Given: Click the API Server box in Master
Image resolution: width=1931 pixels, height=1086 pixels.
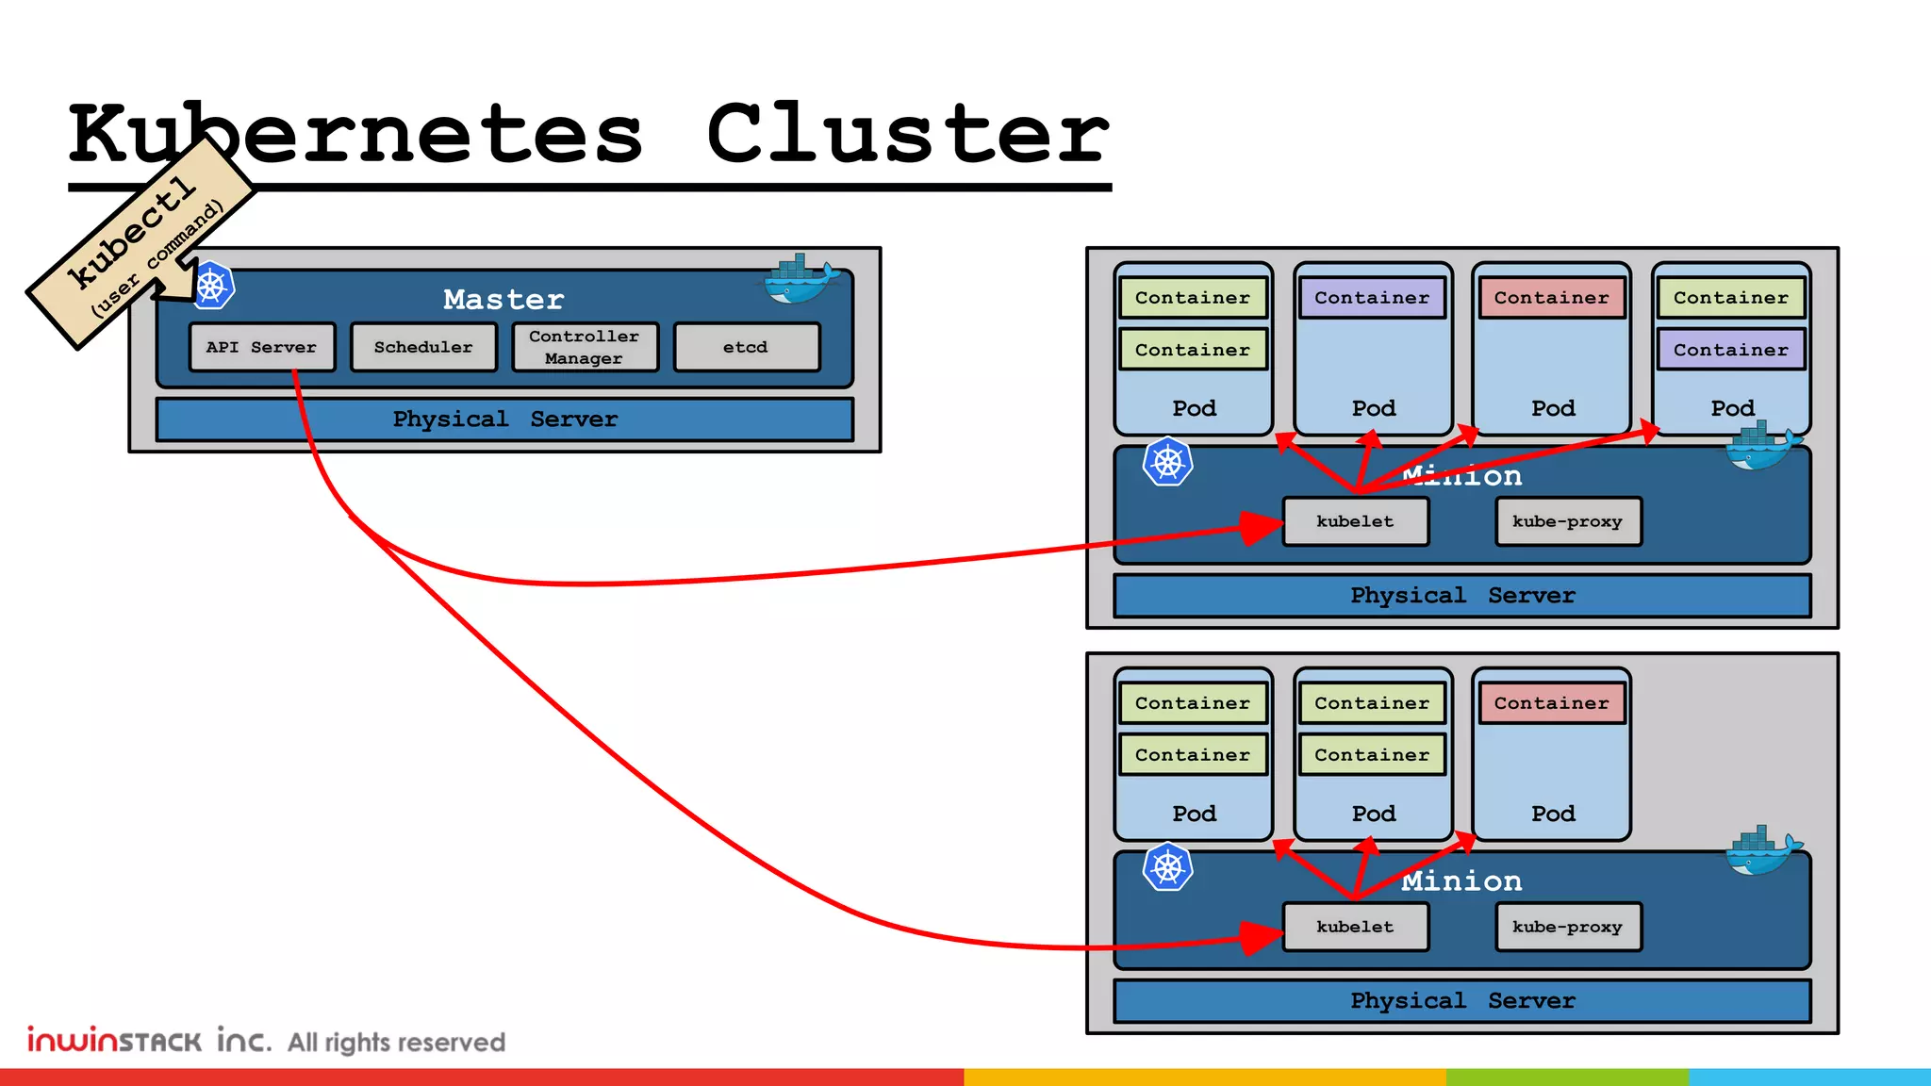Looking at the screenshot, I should [262, 347].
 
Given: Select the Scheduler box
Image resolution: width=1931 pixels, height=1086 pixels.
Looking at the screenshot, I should [423, 347].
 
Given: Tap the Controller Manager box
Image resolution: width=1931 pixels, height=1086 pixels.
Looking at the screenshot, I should [585, 347].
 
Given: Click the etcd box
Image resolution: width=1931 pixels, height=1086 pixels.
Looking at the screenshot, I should [746, 347].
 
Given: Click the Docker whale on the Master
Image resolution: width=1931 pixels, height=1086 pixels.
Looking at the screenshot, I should [800, 280].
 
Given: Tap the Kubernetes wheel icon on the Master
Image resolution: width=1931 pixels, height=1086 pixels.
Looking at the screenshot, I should [212, 286].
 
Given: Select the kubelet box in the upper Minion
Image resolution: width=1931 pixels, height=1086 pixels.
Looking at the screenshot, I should [1355, 521].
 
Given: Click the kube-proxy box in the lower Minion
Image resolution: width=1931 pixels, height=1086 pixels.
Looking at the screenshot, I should [1567, 927].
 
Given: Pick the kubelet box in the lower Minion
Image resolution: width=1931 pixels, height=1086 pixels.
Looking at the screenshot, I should [1355, 927].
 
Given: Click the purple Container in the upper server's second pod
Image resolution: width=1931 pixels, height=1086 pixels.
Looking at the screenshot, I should [1372, 298].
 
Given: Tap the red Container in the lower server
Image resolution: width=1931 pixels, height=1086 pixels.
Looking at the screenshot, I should [1551, 703].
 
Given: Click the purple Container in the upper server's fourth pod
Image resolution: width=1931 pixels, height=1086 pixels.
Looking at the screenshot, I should [1730, 350].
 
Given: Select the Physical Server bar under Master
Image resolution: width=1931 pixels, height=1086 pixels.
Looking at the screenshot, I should [504, 420].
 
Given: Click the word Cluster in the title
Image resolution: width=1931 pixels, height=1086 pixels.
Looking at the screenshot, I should [907, 134].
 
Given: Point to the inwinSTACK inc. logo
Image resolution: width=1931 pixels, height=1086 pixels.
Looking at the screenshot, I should [149, 1040].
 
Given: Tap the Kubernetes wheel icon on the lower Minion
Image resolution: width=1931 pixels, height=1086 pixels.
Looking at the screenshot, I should [1167, 868].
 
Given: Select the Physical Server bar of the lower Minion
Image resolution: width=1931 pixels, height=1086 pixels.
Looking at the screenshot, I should [1461, 1001].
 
